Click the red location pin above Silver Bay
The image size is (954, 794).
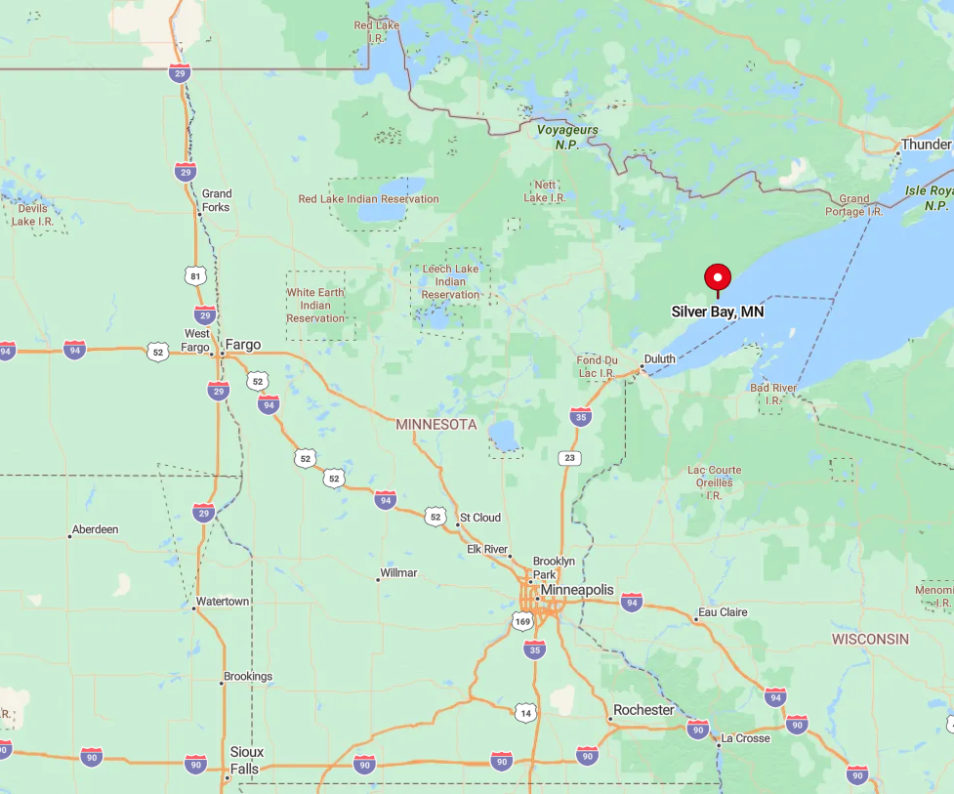[x=718, y=277]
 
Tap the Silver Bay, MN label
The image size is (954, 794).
[x=718, y=313]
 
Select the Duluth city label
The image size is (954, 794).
[x=659, y=359]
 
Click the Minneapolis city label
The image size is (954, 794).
[x=577, y=590]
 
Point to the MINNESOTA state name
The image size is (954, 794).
[x=436, y=424]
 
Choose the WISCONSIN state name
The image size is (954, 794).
[x=870, y=639]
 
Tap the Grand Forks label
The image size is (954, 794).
[x=216, y=200]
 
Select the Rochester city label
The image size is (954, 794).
[x=643, y=710]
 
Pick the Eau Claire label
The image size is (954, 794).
[x=722, y=612]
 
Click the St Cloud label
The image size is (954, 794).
[x=480, y=517]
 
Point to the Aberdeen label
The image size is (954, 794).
[x=95, y=529]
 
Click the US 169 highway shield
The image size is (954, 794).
[x=522, y=620]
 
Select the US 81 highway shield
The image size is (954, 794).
[x=196, y=276]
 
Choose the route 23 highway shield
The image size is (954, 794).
[x=569, y=457]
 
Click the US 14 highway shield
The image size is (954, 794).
[x=526, y=713]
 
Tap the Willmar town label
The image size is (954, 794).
[x=398, y=572]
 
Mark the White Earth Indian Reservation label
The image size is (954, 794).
[x=315, y=305]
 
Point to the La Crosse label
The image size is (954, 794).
[x=745, y=738]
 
